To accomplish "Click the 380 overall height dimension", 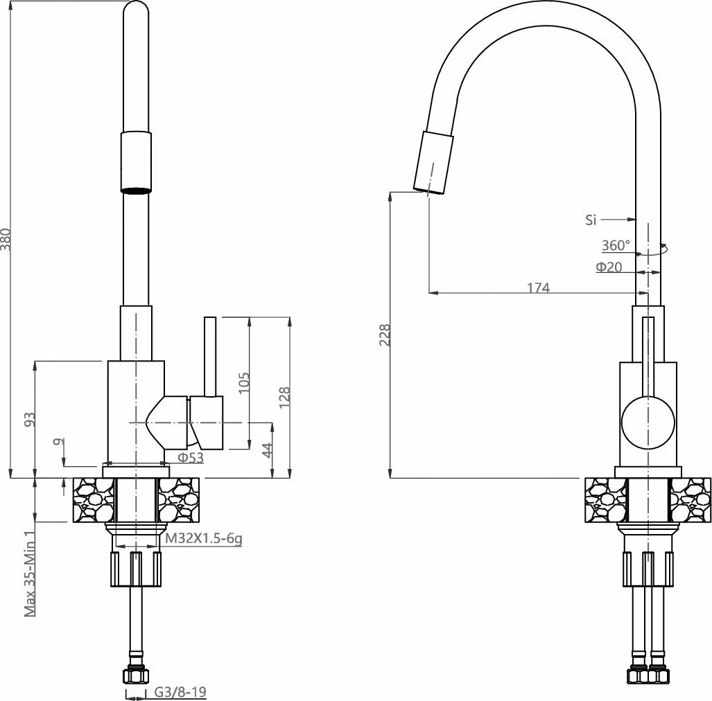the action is pos(6,239).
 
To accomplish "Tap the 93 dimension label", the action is pos(30,420).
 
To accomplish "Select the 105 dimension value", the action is pos(244,383).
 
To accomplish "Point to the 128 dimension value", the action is pos(284,398).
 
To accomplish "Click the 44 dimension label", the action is pos(268,450).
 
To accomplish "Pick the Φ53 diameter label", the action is pos(191,457).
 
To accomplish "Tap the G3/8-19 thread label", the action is pos(180,692).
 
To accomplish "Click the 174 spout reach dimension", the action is pos(539,287).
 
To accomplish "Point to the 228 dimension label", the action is pos(385,335).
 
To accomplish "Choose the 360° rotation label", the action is pos(616,245).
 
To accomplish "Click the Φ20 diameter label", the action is pos(609,267).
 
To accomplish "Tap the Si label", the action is pos(590,220).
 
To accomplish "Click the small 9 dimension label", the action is pos(59,441).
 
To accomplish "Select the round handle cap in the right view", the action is pos(648,423).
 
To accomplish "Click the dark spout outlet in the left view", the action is pos(135,190).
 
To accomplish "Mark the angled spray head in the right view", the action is pos(434,163).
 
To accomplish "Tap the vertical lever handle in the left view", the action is pos(210,357).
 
